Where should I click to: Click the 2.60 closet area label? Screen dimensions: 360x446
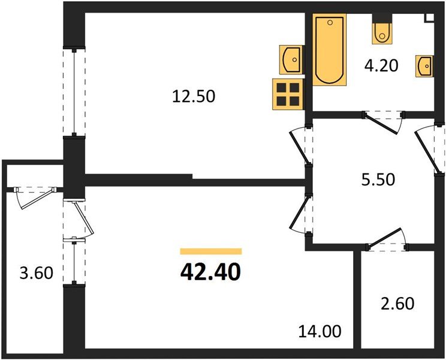(398, 304)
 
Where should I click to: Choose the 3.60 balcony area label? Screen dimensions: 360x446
(37, 274)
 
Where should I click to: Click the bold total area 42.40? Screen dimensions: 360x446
(210, 272)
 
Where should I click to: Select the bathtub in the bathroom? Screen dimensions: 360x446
(329, 50)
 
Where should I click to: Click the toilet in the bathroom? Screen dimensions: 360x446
(381, 32)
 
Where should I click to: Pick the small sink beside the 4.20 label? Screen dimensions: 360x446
(424, 65)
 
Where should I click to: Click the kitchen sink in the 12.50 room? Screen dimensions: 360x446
(291, 59)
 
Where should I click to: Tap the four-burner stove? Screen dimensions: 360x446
(287, 94)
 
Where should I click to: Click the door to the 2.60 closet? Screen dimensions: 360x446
(386, 241)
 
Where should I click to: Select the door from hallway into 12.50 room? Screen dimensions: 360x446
(299, 147)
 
